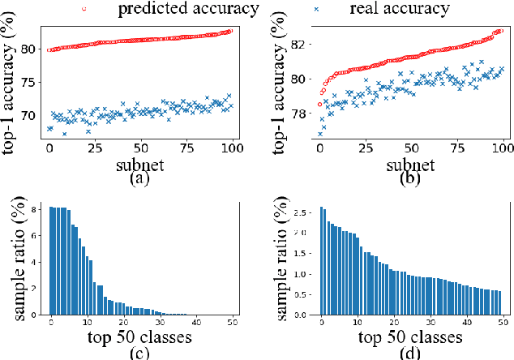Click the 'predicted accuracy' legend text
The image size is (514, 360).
pos(188,10)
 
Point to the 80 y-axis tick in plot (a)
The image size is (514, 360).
pos(31,49)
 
